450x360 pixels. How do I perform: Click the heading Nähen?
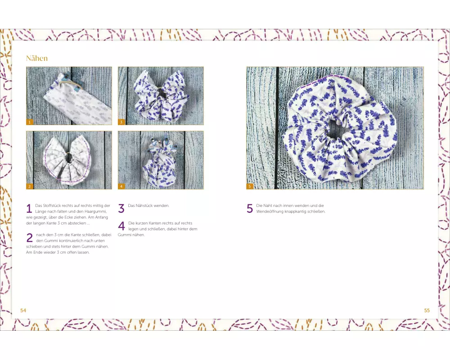37,58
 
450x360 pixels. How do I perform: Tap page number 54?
23,310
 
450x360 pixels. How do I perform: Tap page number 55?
427,310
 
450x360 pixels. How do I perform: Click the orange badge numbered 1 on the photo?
29,122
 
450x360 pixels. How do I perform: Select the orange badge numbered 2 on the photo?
29,186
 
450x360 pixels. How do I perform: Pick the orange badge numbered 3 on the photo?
121,122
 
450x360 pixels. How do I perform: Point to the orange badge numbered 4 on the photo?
121,186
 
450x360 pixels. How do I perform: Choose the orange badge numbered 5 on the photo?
249,186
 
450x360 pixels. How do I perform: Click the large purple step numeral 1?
29,208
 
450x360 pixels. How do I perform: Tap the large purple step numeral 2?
30,238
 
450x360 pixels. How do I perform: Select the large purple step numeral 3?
121,208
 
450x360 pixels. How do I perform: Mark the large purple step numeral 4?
121,226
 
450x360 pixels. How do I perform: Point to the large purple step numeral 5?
250,208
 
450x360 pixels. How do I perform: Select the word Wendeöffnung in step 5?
270,211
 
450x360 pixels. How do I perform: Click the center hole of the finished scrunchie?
336,128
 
